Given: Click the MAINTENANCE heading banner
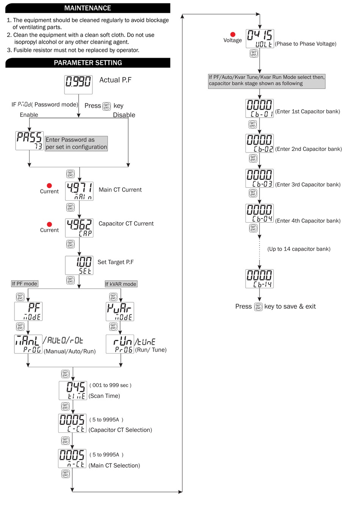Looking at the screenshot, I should (x=88, y=8).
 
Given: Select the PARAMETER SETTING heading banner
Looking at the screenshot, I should (x=88, y=63).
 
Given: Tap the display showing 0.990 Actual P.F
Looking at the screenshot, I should (x=78, y=84).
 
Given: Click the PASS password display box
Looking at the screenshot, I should (x=29, y=140).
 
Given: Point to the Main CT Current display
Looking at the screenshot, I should (x=79, y=191).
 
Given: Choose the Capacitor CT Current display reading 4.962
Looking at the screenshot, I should (x=79, y=228).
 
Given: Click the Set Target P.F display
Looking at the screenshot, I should (x=79, y=265).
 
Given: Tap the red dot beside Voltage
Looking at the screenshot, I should (x=233, y=35).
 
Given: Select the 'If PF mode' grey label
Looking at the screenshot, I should (x=25, y=284).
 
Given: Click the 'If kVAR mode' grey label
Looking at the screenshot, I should (x=121, y=284).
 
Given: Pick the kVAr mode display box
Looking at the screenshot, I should (x=120, y=311).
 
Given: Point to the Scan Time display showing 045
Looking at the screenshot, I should (x=73, y=390).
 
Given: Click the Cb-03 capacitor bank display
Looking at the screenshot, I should (x=260, y=178).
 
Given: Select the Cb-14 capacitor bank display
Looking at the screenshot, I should (x=260, y=278).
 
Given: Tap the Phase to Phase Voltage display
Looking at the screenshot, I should (x=260, y=39).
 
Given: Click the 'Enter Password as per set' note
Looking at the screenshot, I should (x=76, y=143).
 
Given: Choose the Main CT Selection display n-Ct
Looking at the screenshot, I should (x=72, y=458).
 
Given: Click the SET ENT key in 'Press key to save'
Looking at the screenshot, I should (x=258, y=306).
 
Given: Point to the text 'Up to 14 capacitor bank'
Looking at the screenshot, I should (x=299, y=249).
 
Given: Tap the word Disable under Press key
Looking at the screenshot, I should (x=124, y=115).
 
